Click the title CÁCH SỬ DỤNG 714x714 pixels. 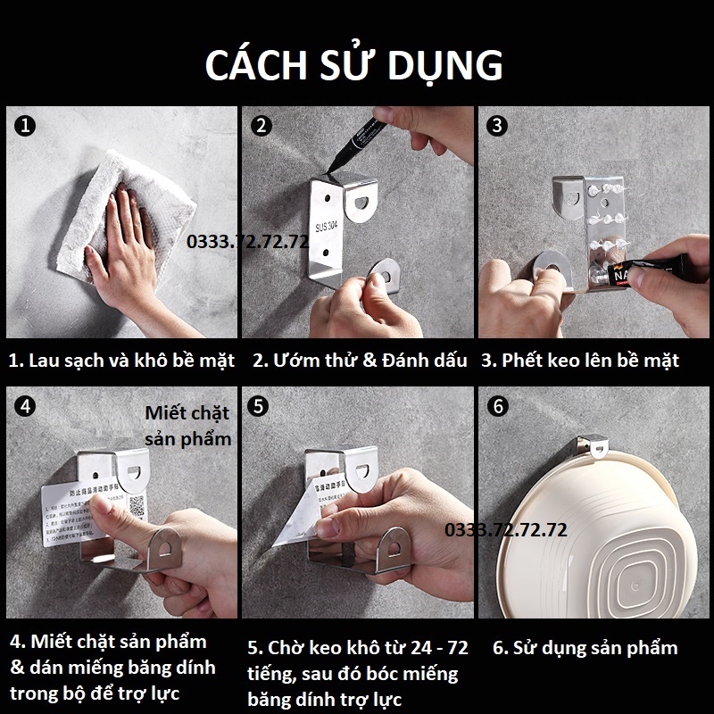point(355,65)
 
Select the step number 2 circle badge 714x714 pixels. point(262,127)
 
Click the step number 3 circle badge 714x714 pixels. point(498,126)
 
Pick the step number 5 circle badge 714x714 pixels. point(259,407)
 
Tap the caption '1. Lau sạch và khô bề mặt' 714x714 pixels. point(121,361)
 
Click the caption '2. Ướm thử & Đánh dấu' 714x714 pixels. point(360,361)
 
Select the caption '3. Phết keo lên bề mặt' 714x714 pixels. point(580,361)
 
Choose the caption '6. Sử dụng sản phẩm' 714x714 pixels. point(585,649)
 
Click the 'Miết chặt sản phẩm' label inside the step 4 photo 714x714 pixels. point(187,425)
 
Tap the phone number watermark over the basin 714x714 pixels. point(506,530)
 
